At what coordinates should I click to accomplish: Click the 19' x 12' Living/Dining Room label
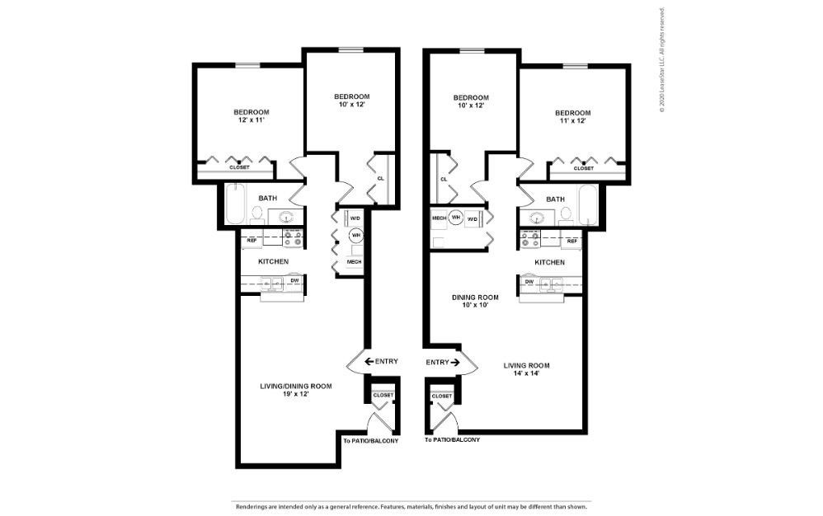[296, 390]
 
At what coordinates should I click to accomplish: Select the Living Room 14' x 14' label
[528, 368]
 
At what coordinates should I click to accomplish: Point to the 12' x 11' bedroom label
[251, 116]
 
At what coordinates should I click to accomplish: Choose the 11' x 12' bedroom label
[572, 117]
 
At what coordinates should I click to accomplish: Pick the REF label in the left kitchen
[252, 241]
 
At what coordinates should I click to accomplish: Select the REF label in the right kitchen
[572, 241]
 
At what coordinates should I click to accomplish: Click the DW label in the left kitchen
[294, 281]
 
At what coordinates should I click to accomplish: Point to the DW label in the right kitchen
[530, 281]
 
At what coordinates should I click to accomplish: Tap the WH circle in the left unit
[356, 236]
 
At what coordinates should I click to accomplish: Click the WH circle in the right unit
[455, 218]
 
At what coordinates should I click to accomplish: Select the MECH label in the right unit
[438, 218]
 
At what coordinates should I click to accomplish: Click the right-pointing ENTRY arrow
[455, 362]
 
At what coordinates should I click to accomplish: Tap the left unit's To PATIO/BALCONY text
[370, 440]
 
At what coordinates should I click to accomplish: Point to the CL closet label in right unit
[444, 179]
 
